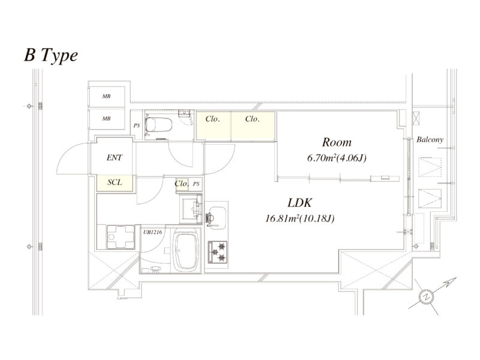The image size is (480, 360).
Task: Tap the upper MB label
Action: pos(106,96)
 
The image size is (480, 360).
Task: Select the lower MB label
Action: pos(106,118)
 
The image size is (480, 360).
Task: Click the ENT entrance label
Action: pos(115,158)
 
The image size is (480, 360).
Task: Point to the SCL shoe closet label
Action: pos(115,182)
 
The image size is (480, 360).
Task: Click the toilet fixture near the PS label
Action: pos(160,125)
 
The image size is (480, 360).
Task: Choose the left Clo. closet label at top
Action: pos(213,119)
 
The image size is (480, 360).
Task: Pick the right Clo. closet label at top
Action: pos(253,119)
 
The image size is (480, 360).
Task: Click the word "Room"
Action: pos(337,143)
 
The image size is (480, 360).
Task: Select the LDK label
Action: pos(298,203)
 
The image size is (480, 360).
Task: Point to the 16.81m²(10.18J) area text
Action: pos(299,219)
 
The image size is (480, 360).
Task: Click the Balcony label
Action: pos(430,140)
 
